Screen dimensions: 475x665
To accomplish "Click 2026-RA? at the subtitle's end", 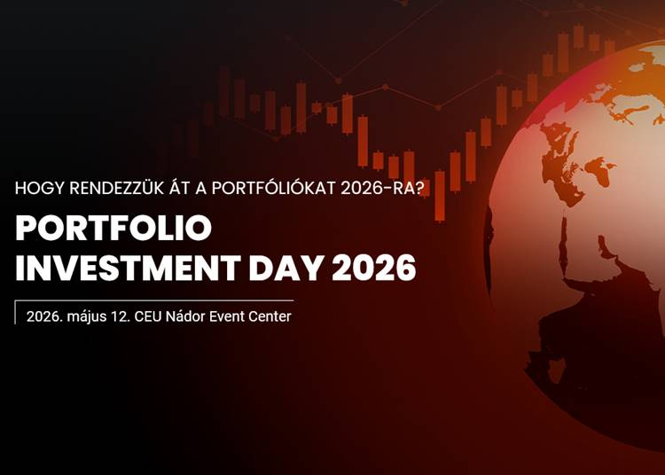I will click(391, 188).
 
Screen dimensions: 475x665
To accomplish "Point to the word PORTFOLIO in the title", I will click(113, 230).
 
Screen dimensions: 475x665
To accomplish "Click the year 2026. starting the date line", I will click(43, 316).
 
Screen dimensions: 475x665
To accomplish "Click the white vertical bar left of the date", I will click(15, 313).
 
